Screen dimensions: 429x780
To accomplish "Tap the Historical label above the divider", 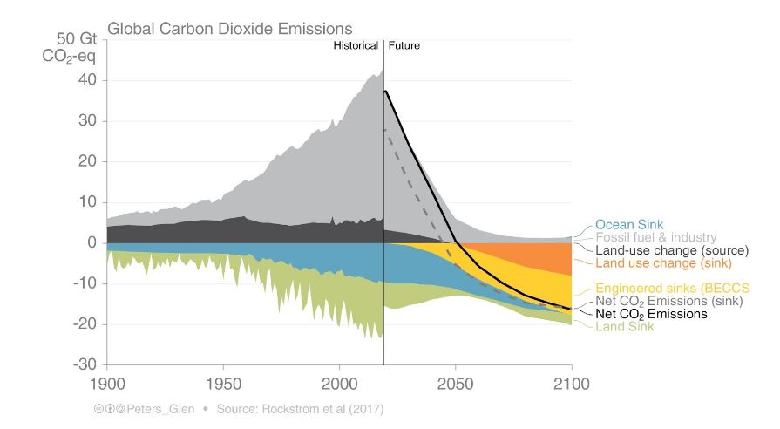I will point(356,45).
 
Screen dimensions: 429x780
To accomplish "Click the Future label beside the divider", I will point(404,45).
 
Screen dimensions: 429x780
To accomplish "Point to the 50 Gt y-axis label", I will point(72,40).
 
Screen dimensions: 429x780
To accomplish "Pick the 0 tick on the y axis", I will point(90,242).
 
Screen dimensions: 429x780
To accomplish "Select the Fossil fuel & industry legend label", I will point(655,237).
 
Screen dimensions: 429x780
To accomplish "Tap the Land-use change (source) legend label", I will point(671,250).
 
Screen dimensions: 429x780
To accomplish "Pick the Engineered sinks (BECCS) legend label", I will point(672,288).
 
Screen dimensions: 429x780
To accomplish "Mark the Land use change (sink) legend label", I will point(663,262).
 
